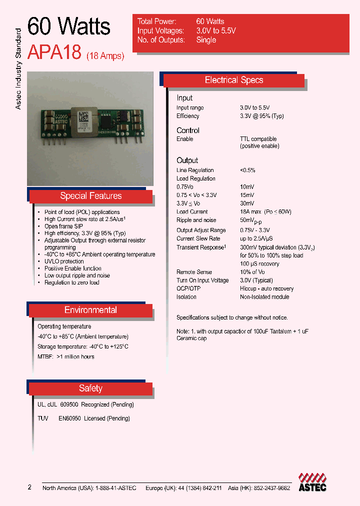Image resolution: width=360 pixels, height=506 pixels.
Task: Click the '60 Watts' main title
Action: coord(68,27)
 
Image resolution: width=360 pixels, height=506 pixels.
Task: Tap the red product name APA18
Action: coord(54,52)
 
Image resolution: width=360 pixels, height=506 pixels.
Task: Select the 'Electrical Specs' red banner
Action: coord(234,80)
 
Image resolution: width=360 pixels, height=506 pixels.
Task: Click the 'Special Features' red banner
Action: coord(90,196)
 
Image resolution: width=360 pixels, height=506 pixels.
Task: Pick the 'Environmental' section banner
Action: coord(90,310)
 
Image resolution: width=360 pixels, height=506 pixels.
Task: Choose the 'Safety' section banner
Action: coord(90,388)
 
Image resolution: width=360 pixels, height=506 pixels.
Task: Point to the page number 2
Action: coord(29,487)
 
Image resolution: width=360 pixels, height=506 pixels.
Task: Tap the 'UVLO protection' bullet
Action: coord(64,261)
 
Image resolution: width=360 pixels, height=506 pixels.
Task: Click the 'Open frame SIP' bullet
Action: coord(63,226)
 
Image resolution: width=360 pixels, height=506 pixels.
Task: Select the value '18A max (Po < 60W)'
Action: coord(265,212)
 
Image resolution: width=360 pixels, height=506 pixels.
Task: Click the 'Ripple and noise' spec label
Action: coord(196,220)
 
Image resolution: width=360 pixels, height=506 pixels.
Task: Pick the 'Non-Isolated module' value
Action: coord(264,297)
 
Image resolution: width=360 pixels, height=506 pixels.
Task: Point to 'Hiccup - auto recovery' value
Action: coord(266,289)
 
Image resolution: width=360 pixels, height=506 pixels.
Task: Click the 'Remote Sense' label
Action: coord(194,272)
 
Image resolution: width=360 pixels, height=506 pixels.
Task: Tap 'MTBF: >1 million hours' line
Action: coord(66,357)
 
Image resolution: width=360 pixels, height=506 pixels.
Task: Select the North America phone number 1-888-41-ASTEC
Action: coord(110,488)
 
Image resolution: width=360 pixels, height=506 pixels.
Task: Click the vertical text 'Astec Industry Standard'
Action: coord(18,69)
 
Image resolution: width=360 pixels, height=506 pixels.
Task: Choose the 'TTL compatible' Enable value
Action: coord(258,139)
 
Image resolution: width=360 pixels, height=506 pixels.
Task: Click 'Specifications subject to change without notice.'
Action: coord(232,318)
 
